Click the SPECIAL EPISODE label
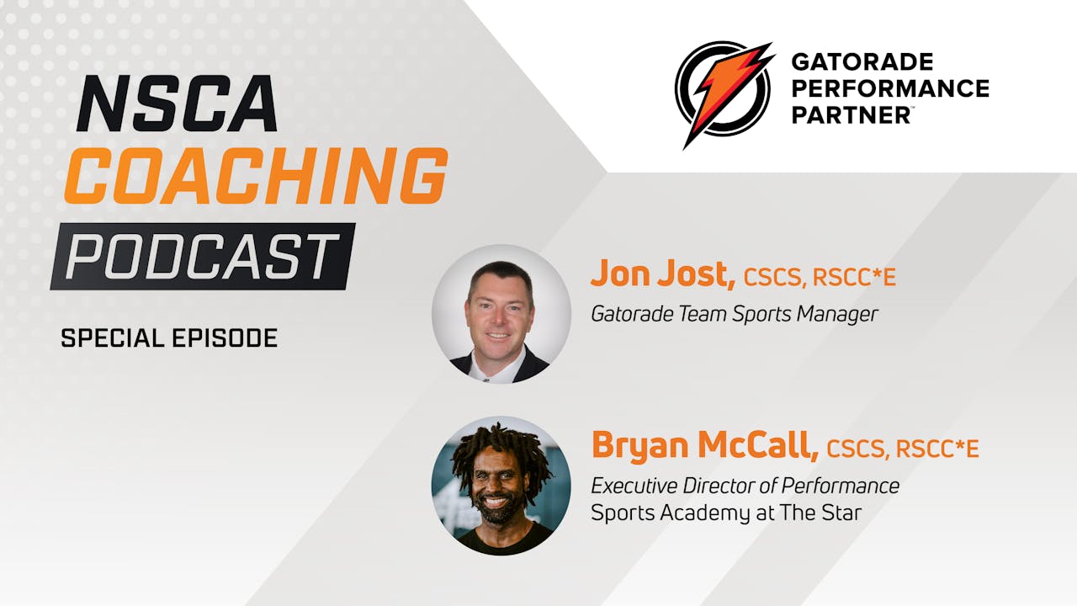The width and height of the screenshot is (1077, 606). (x=169, y=338)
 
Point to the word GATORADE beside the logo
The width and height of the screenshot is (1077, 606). (x=862, y=62)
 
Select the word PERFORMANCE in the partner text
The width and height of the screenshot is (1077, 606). (x=889, y=88)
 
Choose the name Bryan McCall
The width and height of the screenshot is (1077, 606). (x=704, y=445)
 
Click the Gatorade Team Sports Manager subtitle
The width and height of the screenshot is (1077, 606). (x=734, y=314)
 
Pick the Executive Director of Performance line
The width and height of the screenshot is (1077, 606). (x=745, y=486)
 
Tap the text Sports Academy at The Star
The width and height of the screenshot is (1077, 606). (x=725, y=513)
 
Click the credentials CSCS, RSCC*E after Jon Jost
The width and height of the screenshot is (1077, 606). (x=820, y=277)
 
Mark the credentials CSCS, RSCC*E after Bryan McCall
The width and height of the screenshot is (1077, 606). (x=903, y=449)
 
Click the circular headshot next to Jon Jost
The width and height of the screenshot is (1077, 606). (x=501, y=314)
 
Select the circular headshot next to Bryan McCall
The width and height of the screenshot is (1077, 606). (x=501, y=486)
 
